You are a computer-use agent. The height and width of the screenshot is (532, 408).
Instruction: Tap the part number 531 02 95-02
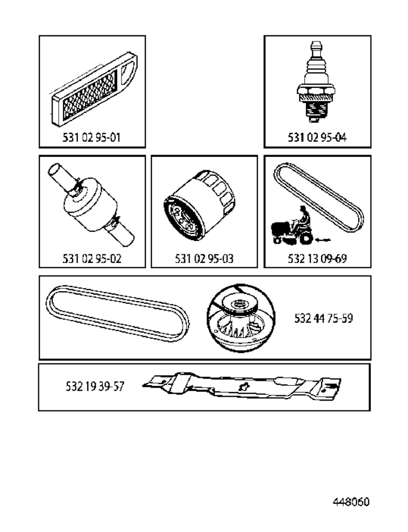point(92,258)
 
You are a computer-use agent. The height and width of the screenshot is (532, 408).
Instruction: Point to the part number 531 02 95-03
point(204,258)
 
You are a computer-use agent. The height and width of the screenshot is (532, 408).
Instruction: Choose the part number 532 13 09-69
point(317,258)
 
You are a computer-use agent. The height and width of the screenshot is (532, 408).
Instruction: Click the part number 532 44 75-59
point(324,318)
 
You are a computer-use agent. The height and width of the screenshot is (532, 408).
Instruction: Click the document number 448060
point(351,502)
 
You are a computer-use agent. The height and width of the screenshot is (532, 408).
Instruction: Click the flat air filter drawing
point(94,89)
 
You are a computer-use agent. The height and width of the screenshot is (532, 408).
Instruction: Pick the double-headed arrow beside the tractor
point(323,240)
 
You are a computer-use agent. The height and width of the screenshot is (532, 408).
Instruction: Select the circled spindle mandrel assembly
point(241,318)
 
